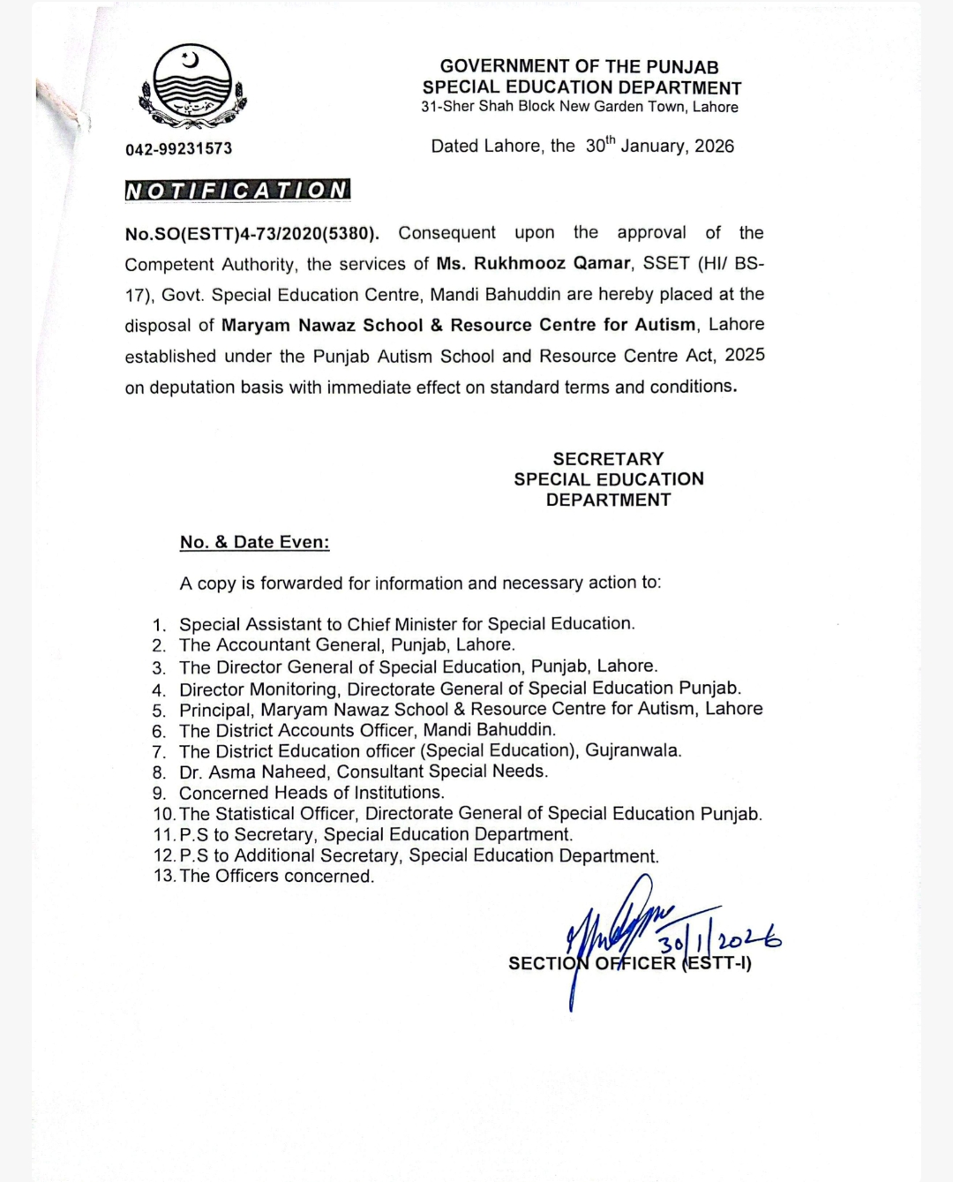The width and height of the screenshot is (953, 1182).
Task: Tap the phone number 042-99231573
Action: tap(179, 148)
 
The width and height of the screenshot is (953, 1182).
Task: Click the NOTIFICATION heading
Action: tap(237, 190)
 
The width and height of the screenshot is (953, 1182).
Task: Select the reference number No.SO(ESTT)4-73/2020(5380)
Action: tap(252, 233)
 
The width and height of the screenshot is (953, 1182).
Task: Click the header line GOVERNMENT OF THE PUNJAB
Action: tap(579, 66)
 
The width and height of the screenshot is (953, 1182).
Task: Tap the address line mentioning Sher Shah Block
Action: tap(579, 107)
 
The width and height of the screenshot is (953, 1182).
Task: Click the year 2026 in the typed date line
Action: tap(714, 147)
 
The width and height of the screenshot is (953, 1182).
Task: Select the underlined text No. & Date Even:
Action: tap(254, 542)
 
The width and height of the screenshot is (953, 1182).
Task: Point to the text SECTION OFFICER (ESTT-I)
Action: tap(630, 963)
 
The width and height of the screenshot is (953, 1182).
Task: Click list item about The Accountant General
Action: tap(347, 645)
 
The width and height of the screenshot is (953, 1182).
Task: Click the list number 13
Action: tap(163, 877)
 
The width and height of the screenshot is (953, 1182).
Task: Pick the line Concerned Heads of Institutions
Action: tap(311, 793)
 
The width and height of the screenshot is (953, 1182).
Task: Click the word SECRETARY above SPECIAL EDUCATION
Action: tap(608, 459)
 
